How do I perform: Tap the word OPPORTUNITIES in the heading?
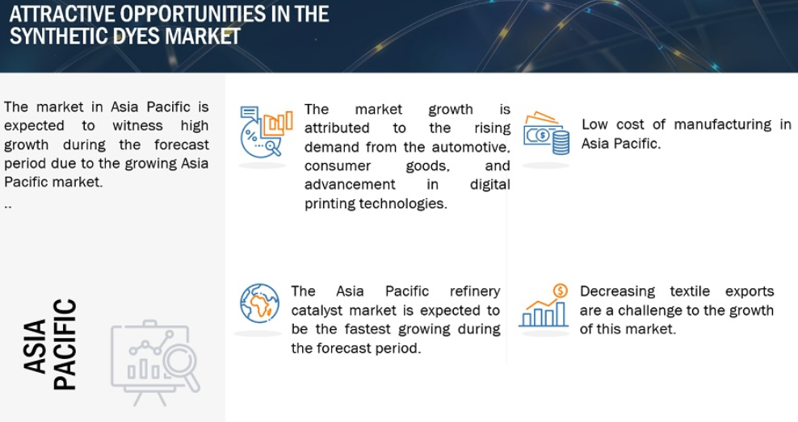pos(193,15)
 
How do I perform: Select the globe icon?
pos(259,303)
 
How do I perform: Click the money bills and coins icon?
pos(547,133)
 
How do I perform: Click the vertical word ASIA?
pos(36,347)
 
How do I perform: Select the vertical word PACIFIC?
pos(65,345)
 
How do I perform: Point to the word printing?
pos(330,204)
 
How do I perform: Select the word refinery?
pos(475,291)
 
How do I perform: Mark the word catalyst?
pos(318,311)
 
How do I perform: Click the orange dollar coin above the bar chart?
pos(560,290)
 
